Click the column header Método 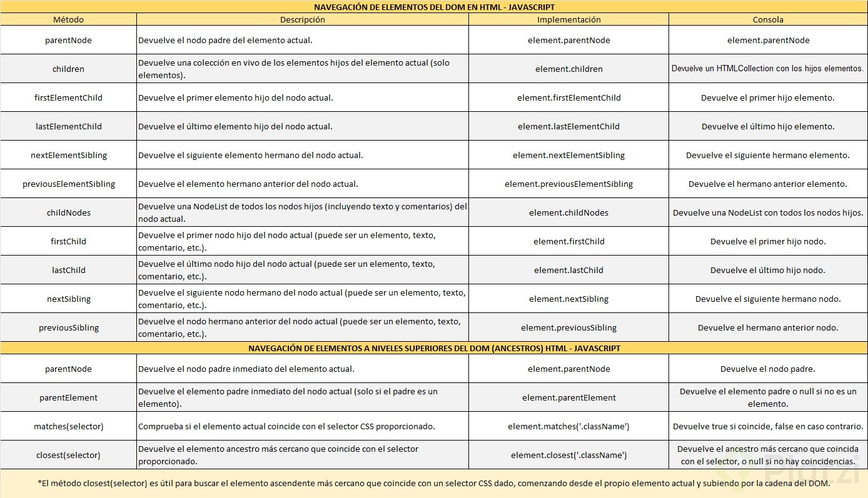click(68, 19)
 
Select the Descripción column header click(302, 19)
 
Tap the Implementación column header click(568, 19)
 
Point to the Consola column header click(768, 19)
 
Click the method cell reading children click(68, 69)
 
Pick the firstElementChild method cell click(68, 97)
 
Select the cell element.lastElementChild click(568, 126)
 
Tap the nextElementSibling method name click(68, 155)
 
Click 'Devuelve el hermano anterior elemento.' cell click(768, 184)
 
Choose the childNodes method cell click(68, 212)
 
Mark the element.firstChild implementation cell click(568, 241)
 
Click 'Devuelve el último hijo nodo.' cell click(768, 270)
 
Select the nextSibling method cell click(68, 299)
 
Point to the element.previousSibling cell click(568, 327)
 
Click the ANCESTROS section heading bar click(434, 348)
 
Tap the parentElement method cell click(68, 397)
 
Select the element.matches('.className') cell click(568, 426)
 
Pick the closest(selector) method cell click(68, 455)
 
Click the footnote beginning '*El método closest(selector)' click(434, 483)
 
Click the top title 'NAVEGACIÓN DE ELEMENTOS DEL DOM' click(434, 7)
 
